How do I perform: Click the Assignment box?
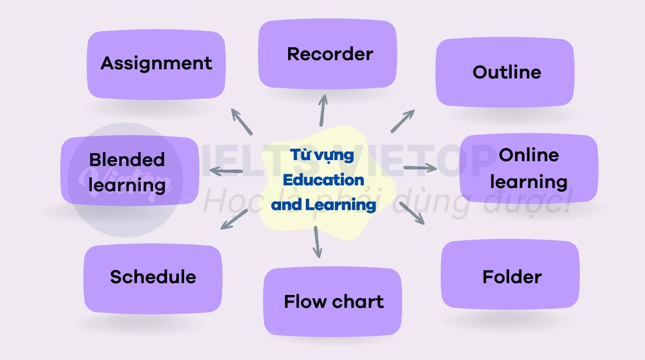(x=156, y=64)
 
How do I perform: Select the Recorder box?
(x=327, y=54)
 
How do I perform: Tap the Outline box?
(x=505, y=72)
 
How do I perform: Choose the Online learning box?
(x=529, y=168)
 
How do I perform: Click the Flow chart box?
(x=333, y=301)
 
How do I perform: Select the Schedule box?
(x=153, y=278)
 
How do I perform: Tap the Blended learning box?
(x=130, y=171)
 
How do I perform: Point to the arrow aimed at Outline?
(x=403, y=121)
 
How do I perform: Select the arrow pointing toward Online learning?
(x=420, y=168)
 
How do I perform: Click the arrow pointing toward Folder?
(x=412, y=213)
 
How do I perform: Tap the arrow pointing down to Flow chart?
(x=317, y=242)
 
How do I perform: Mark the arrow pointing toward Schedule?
(x=234, y=219)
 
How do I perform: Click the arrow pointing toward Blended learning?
(x=226, y=171)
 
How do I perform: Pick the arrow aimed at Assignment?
(x=242, y=122)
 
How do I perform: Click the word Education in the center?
(x=324, y=180)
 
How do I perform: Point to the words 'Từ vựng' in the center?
(x=322, y=155)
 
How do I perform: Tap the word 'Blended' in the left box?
(x=127, y=160)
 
